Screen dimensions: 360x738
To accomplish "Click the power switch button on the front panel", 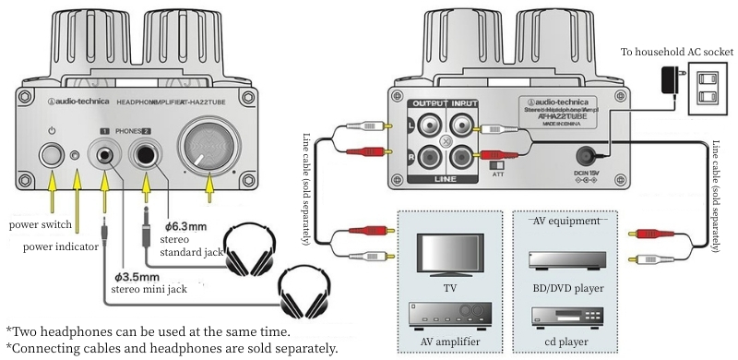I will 52,153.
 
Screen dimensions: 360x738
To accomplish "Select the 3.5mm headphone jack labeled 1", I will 105,153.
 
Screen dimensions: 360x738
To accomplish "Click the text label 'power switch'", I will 41,224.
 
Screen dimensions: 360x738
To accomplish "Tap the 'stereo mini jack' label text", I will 150,289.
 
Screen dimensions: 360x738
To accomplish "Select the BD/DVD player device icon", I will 564,260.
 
